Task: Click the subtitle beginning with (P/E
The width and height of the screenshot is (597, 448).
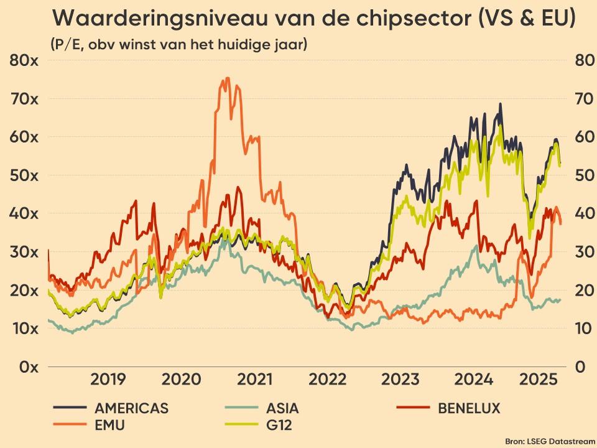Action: point(178,45)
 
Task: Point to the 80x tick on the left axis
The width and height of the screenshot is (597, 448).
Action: point(24,60)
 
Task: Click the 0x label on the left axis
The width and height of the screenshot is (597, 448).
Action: point(28,366)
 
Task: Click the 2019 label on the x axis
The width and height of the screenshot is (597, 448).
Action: point(108,380)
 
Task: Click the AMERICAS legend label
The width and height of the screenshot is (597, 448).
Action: point(131,409)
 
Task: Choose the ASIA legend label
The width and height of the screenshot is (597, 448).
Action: point(282,409)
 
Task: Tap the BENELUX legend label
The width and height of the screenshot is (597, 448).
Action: point(469,409)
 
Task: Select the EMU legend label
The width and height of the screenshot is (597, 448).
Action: point(110,426)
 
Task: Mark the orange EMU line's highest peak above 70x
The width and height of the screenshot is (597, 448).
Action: point(227,78)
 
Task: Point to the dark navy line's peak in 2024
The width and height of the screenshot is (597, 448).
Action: point(500,104)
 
